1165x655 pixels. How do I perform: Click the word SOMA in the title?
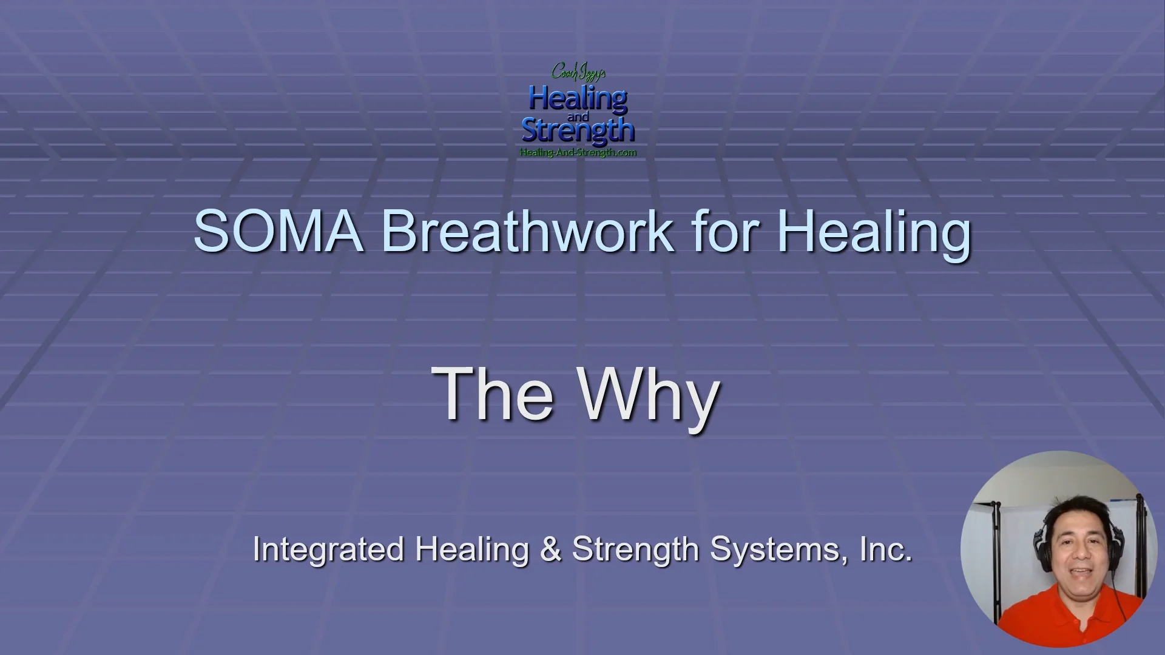[278, 232]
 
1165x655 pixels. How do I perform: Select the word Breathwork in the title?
[527, 232]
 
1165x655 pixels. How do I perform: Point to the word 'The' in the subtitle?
[492, 394]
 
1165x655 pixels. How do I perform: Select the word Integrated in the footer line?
[328, 549]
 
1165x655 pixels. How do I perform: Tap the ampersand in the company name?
[550, 549]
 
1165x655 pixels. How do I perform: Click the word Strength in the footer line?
[635, 549]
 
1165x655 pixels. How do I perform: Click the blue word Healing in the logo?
[578, 98]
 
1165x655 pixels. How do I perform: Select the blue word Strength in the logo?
[578, 130]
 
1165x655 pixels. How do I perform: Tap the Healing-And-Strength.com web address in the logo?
[578, 152]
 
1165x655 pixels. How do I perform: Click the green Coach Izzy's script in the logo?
[578, 72]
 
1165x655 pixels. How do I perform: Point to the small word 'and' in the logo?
[578, 116]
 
